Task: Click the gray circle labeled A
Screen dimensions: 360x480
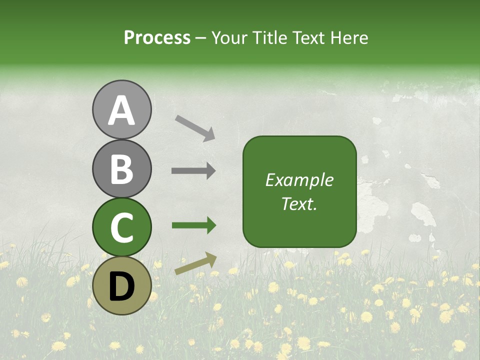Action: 122,109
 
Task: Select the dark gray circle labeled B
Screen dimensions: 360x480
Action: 122,169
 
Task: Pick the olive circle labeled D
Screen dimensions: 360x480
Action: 122,286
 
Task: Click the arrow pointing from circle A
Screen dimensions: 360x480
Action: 194,127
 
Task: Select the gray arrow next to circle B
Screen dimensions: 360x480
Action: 193,170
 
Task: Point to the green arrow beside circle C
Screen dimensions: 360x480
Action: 193,225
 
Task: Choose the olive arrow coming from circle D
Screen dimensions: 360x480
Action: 195,263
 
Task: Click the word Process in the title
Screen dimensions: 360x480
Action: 157,38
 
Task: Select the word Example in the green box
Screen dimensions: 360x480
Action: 299,180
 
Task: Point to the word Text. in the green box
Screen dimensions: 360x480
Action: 299,204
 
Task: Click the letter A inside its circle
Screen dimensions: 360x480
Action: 122,110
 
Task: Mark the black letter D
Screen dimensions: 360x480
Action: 122,286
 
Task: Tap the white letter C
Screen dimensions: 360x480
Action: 122,227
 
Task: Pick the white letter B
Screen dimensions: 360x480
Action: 122,169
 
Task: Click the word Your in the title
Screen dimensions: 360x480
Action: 229,38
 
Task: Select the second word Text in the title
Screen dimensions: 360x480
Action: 307,38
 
